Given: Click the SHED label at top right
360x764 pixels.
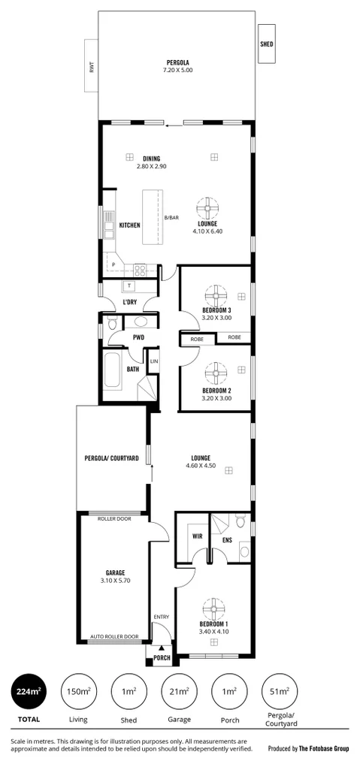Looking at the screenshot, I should point(267,44).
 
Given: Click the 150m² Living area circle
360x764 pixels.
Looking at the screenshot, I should point(78,691).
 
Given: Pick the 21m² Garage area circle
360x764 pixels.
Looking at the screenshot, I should point(179,691).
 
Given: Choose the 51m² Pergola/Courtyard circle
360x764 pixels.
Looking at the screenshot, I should point(279,691).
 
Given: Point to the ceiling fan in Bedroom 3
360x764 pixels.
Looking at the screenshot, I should point(216,293).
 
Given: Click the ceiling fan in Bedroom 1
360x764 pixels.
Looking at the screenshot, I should point(213,608).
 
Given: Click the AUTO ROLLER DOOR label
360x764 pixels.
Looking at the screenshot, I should point(114,636).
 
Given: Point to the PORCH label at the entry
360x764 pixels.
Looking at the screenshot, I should point(162,659).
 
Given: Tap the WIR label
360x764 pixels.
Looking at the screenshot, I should point(198,536).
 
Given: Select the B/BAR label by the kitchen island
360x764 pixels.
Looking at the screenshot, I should point(171,217).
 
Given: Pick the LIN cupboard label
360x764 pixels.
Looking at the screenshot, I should point(153,361).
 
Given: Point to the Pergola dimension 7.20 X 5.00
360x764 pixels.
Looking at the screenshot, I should point(178,70).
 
